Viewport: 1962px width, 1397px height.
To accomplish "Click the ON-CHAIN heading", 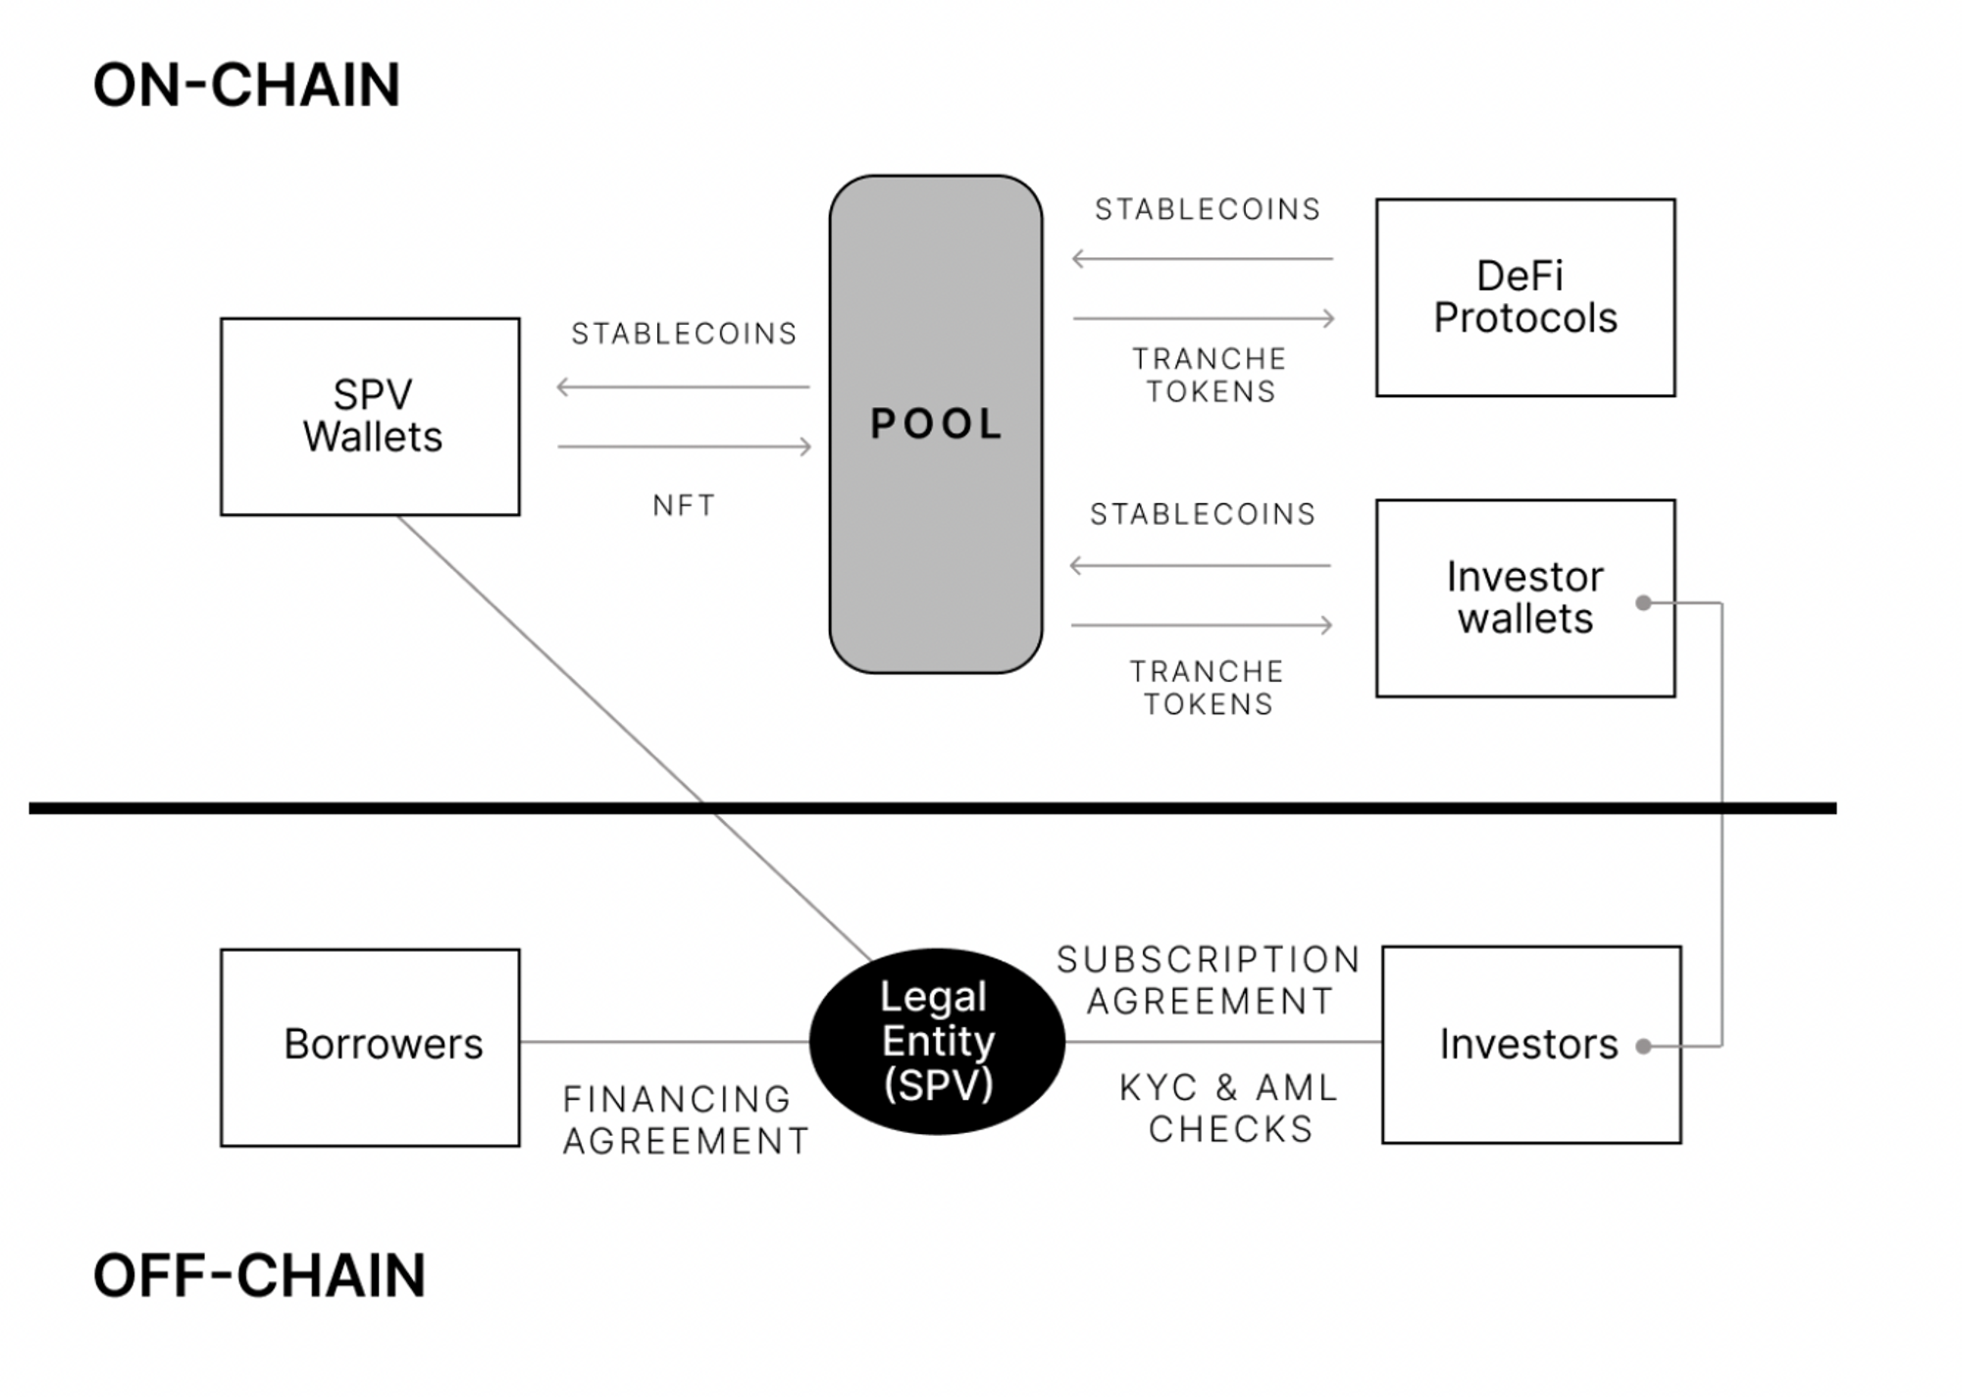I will (246, 85).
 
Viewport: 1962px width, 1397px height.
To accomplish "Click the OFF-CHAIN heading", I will (259, 1275).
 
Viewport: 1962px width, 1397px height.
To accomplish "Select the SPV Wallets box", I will (370, 416).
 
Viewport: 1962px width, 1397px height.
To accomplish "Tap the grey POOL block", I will (936, 424).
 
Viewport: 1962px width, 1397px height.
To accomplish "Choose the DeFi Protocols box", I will (1524, 297).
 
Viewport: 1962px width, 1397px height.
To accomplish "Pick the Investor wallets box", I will (1524, 598).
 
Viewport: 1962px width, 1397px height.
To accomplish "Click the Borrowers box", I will (370, 1047).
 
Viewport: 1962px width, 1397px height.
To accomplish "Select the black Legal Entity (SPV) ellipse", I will (937, 1041).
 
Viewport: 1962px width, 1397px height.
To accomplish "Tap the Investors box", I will (1530, 1045).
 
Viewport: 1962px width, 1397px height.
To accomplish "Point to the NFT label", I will (684, 505).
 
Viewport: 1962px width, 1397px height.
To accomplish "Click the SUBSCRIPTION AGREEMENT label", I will (1209, 980).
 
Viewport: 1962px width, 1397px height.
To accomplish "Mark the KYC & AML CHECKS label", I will (1229, 1109).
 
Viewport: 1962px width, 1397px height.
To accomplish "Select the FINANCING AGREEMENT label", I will (685, 1120).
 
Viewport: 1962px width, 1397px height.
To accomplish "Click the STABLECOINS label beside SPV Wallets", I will (684, 334).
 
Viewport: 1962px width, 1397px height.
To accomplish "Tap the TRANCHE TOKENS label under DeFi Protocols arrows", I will (1210, 375).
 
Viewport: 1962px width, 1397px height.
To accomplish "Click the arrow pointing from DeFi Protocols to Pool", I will (1203, 259).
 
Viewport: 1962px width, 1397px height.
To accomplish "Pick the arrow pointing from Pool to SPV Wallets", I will (684, 387).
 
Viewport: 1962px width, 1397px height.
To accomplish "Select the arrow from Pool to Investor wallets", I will (1202, 625).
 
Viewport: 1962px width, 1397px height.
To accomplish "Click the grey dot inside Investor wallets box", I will (1643, 602).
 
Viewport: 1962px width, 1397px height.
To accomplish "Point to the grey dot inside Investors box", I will (1643, 1047).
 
